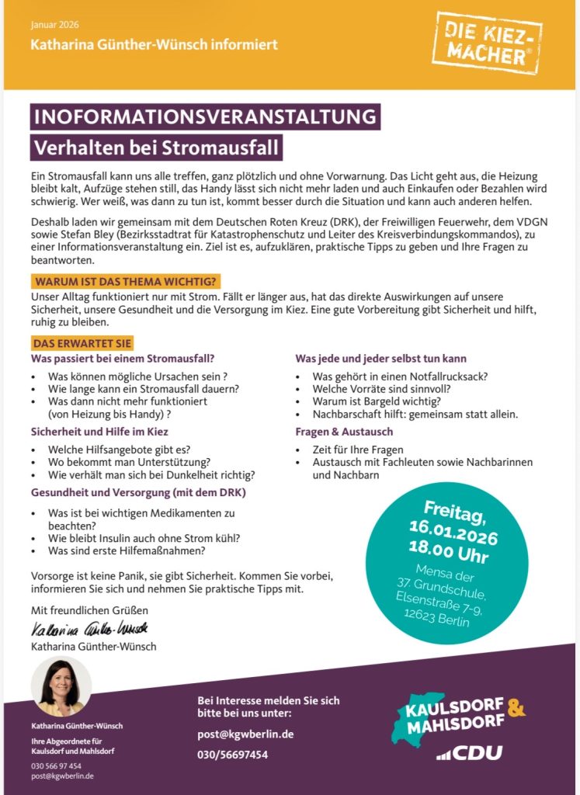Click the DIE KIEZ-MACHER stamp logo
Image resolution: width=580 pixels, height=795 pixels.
488,44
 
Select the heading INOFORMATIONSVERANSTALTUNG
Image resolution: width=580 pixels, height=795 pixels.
205,117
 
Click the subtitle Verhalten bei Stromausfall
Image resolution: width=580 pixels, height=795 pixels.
155,146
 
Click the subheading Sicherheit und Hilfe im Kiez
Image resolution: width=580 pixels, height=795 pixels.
100,431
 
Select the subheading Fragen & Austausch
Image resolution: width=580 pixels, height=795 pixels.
344,431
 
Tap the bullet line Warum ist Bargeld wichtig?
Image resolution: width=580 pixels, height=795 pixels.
377,401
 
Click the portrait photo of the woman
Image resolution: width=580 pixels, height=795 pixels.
62,688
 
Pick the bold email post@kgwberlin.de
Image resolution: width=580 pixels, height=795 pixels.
245,734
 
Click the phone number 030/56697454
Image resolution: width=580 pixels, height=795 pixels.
233,754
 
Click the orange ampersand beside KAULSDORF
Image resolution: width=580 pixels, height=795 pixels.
516,707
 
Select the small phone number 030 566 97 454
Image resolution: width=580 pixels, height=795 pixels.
56,765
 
